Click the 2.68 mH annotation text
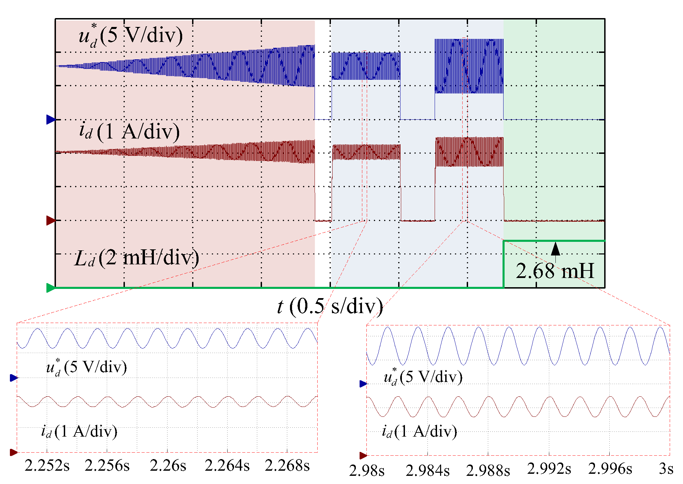[x=555, y=271]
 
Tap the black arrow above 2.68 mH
[x=555, y=249]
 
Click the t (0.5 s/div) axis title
[x=330, y=306]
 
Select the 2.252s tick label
[x=47, y=466]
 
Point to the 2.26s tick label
[x=168, y=466]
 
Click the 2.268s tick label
[x=287, y=466]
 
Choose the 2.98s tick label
[x=367, y=471]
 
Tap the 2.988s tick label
[x=488, y=471]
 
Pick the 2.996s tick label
[x=610, y=469]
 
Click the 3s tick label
[x=666, y=469]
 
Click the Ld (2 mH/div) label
[x=136, y=258]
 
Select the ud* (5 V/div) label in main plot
[x=131, y=35]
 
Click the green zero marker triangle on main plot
[x=50, y=288]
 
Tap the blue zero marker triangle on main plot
[x=50, y=119]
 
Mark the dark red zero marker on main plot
[x=50, y=220]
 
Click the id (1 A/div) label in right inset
[x=419, y=432]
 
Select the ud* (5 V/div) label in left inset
[x=87, y=367]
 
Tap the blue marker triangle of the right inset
[x=363, y=384]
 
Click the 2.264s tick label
[x=227, y=466]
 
